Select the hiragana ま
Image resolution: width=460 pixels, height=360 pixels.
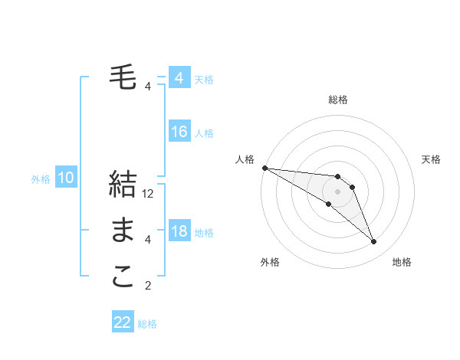(123, 230)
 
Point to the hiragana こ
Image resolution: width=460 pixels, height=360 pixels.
(123, 277)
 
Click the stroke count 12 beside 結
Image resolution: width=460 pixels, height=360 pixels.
(149, 194)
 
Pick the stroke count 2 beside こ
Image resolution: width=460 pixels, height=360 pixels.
(148, 286)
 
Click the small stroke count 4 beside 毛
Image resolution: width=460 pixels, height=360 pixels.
(148, 86)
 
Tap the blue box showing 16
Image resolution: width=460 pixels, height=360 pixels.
(179, 132)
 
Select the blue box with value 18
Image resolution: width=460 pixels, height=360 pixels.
(179, 231)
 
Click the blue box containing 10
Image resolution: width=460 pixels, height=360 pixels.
(66, 178)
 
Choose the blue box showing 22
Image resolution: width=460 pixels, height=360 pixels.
(123, 322)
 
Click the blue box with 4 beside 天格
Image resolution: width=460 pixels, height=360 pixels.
(179, 78)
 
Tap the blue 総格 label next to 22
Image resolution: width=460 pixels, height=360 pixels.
(147, 324)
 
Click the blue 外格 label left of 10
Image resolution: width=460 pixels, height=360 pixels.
(41, 179)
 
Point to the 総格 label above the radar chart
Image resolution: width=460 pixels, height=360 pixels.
(337, 100)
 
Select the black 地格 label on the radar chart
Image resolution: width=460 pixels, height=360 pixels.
(402, 262)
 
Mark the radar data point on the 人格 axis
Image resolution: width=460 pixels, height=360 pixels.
(264, 168)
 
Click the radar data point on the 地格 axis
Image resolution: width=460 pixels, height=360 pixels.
(373, 242)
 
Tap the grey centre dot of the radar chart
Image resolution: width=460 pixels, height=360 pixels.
(337, 191)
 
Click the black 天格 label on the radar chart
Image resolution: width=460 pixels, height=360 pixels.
(431, 159)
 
